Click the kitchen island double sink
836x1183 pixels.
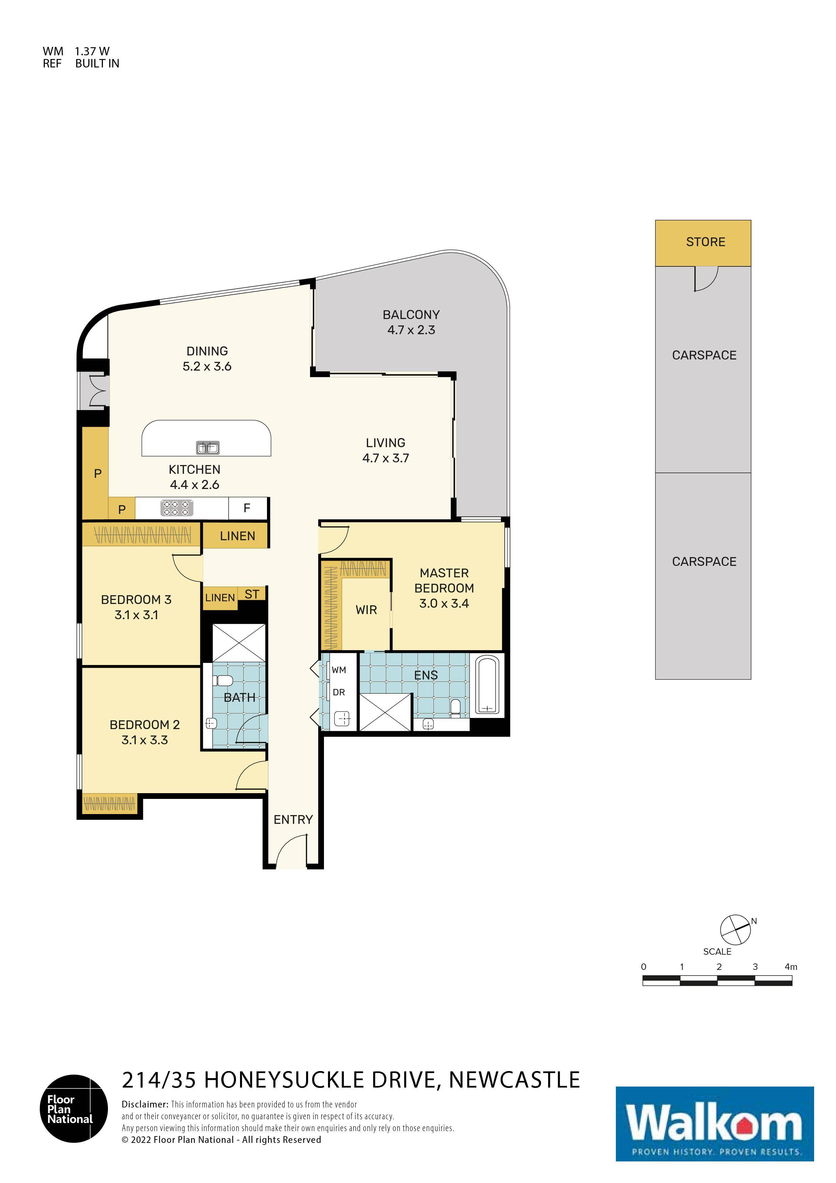pos(208,448)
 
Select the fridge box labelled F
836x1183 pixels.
pos(247,508)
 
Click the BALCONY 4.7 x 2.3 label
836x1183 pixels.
pos(411,322)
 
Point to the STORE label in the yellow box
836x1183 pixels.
pos(705,242)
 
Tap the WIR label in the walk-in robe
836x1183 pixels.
pos(366,610)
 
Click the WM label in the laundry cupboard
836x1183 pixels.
pos(338,670)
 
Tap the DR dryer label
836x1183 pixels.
pos(338,692)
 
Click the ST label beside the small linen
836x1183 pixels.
pos(251,594)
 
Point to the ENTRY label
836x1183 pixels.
pos(293,819)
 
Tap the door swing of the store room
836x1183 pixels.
pos(706,279)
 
